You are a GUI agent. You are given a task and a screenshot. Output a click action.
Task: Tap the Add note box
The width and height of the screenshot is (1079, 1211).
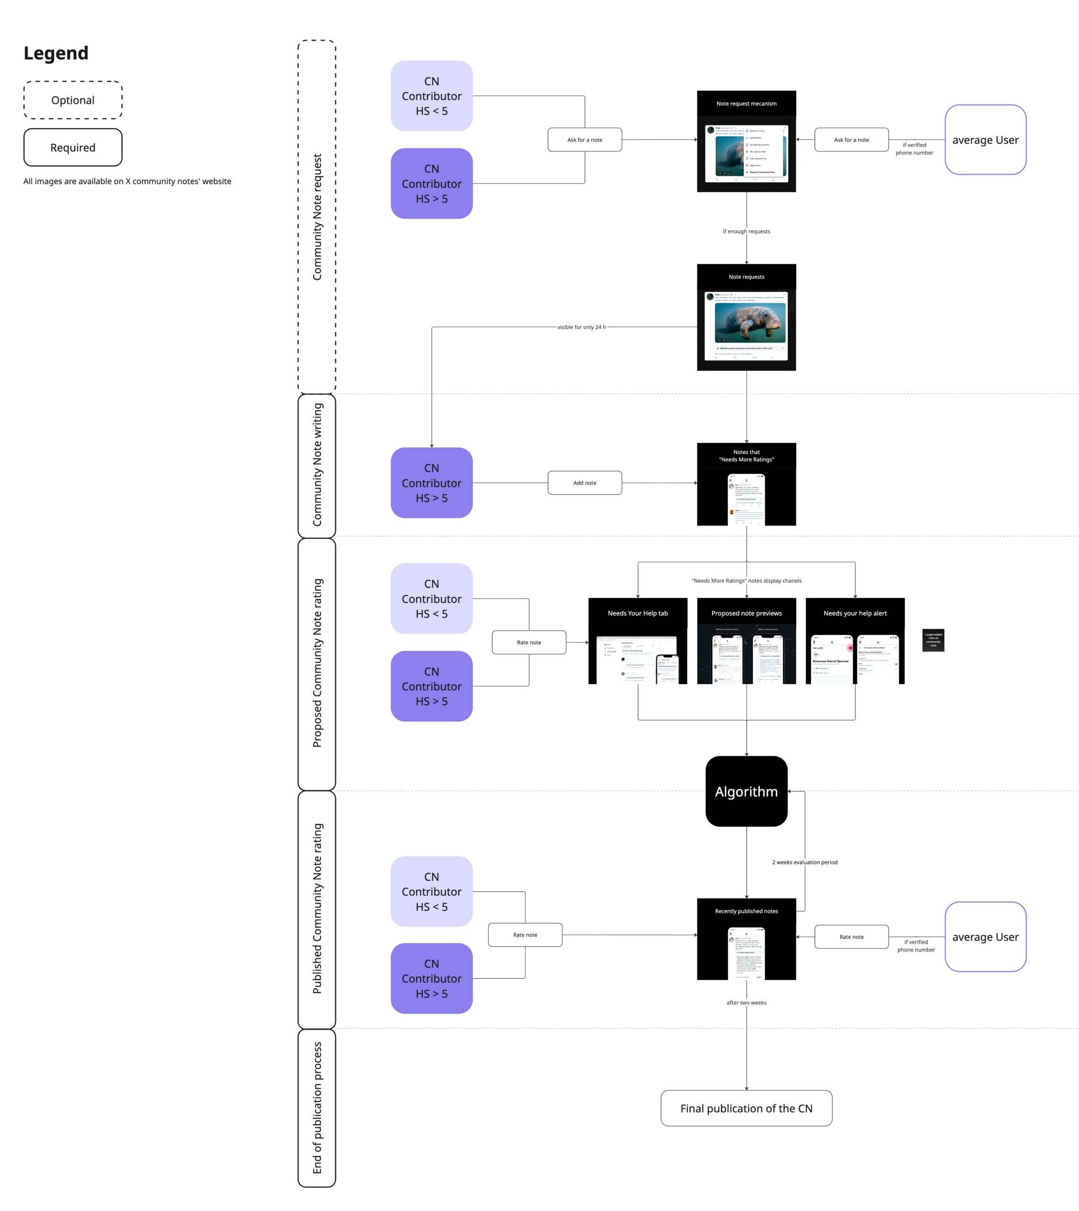pos(584,483)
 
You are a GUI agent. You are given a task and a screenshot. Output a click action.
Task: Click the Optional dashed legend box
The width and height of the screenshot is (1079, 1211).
pos(73,100)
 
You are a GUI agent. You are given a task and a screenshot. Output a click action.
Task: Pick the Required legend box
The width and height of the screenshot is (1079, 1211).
pos(73,148)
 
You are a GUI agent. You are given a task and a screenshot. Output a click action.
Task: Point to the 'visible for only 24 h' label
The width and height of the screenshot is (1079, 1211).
pos(581,327)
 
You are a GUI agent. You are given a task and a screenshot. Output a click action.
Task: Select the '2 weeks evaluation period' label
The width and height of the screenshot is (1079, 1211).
pos(804,862)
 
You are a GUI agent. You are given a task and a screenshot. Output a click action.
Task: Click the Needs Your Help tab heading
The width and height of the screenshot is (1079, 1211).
pos(637,613)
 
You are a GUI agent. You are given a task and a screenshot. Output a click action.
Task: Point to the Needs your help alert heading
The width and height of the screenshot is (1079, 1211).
pos(855,613)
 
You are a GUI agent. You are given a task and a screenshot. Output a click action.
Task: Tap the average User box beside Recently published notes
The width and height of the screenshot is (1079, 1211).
pos(985,937)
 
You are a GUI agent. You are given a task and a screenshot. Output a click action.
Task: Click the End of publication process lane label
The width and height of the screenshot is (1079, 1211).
pos(317,1108)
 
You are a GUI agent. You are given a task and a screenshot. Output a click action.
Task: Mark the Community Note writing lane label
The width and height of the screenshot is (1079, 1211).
pos(317,465)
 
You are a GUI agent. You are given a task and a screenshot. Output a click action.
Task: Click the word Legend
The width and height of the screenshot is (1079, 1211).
pos(56,53)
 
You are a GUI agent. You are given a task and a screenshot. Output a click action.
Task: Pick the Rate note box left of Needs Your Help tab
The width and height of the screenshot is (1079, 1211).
pos(529,642)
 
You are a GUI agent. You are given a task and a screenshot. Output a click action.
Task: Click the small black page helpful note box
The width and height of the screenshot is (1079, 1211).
pos(933,640)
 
